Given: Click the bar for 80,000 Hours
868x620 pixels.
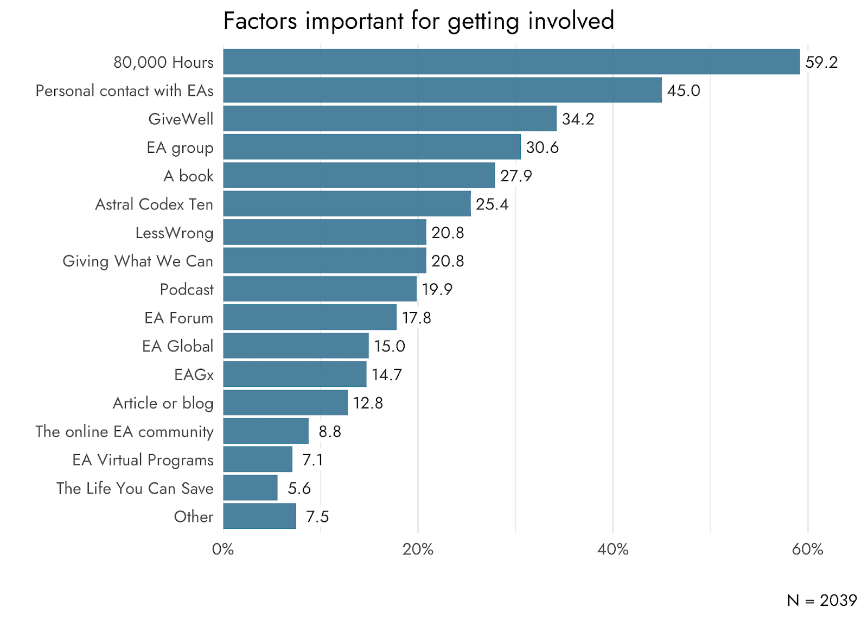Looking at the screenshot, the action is click(512, 62).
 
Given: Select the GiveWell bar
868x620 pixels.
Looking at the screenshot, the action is click(390, 119).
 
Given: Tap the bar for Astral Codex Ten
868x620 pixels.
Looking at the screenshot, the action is click(347, 204).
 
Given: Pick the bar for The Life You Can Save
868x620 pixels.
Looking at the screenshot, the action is click(250, 488).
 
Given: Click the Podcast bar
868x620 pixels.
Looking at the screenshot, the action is click(320, 289).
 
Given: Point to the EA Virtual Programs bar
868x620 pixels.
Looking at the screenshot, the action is click(258, 459).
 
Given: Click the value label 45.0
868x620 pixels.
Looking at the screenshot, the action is click(684, 91).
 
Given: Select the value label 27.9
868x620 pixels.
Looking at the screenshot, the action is click(516, 176).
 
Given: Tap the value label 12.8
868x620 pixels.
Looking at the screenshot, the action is click(368, 403).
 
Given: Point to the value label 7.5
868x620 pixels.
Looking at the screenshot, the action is click(317, 516).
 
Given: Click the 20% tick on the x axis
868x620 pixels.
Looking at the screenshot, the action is click(418, 549).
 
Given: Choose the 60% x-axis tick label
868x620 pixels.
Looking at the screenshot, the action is click(808, 549).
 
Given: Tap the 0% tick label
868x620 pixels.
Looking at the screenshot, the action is click(223, 549).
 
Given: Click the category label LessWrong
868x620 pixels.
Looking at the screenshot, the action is click(174, 233).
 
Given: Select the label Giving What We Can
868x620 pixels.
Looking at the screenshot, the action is click(138, 261).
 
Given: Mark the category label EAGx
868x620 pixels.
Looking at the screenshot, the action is click(194, 375).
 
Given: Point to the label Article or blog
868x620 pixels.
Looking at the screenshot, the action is click(163, 404).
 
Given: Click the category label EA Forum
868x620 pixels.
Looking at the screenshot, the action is click(178, 318).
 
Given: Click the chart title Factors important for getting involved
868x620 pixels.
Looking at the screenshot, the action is click(419, 21).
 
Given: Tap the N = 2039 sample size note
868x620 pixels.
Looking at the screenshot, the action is click(822, 600).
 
